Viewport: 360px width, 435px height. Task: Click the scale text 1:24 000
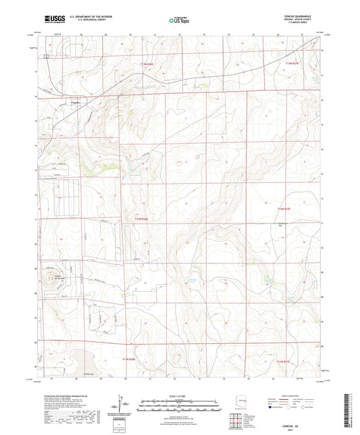click(x=179, y=395)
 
